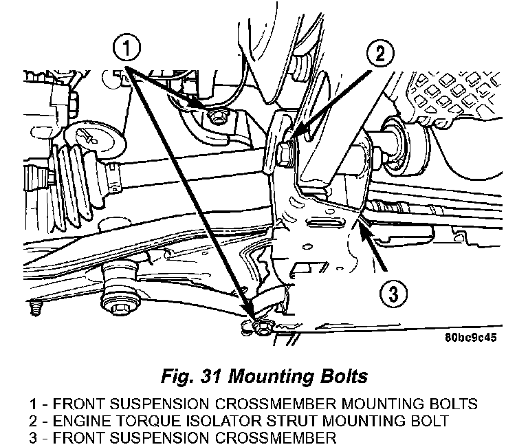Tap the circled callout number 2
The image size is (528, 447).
(379, 54)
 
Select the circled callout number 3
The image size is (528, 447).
(393, 294)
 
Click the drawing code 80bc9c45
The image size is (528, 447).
(470, 337)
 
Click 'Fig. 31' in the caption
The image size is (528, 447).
(191, 376)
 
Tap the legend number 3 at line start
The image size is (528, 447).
(33, 437)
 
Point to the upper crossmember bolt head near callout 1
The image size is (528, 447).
(216, 117)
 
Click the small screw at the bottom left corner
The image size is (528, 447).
(35, 308)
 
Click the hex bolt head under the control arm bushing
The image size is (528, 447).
(119, 308)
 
